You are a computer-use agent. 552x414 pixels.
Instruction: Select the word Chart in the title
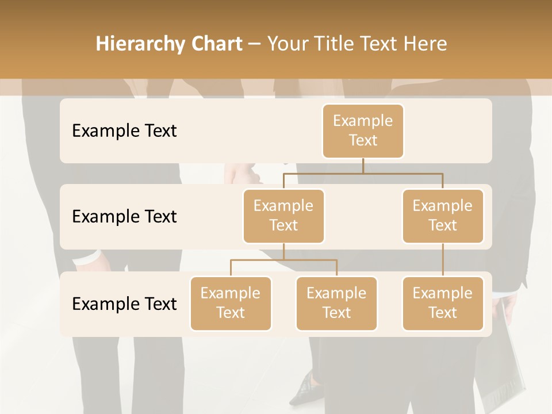pos(215,44)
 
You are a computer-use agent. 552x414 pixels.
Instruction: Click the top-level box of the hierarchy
pos(363,131)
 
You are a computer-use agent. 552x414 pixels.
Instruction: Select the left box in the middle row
pos(283,216)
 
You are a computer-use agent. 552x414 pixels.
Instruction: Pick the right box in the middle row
pos(443,216)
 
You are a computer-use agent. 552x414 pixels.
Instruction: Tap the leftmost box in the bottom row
pos(231,303)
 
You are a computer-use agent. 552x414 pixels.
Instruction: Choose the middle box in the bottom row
pos(336,303)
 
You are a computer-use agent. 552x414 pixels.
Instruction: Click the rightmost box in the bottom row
pos(443,303)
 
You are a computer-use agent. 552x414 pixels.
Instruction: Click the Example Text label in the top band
pos(124,131)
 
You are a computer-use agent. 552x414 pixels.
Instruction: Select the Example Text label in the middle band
pos(124,217)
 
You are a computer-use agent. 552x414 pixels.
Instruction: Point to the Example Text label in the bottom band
pos(124,304)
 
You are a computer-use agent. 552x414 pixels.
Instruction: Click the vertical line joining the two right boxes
pos(443,260)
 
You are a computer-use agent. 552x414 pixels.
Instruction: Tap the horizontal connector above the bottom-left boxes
pos(283,260)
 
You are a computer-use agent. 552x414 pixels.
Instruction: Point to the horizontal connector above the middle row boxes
pos(363,172)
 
